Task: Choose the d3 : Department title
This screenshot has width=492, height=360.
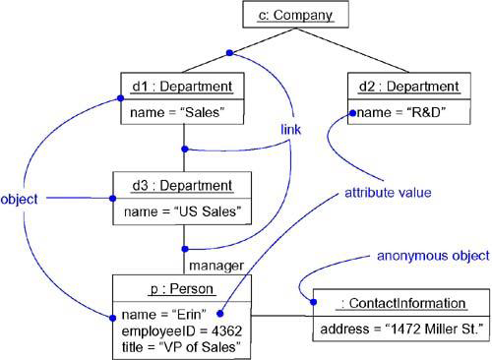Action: (x=183, y=185)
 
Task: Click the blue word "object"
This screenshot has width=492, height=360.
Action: (x=20, y=199)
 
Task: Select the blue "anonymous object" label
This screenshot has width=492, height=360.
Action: (x=432, y=256)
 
